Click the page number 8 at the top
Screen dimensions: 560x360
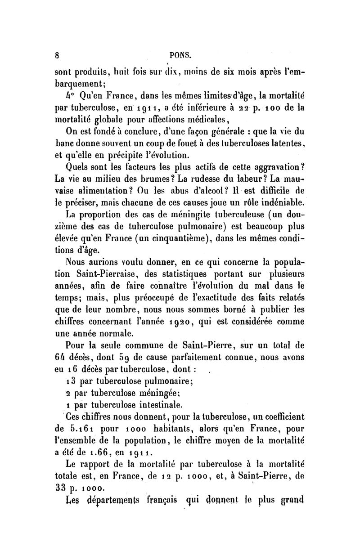(57, 56)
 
